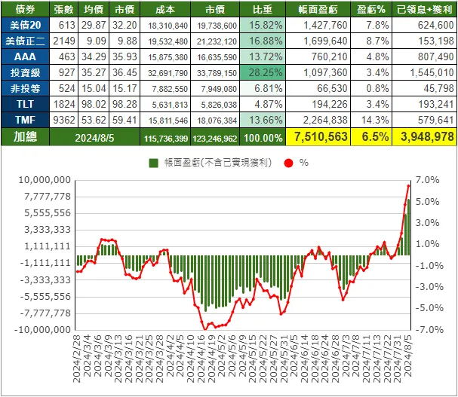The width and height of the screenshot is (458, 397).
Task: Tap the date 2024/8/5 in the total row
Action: [x=96, y=136]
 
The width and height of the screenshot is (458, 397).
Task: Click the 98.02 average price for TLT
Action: [x=94, y=105]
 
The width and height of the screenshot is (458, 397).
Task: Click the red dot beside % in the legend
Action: [x=285, y=162]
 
